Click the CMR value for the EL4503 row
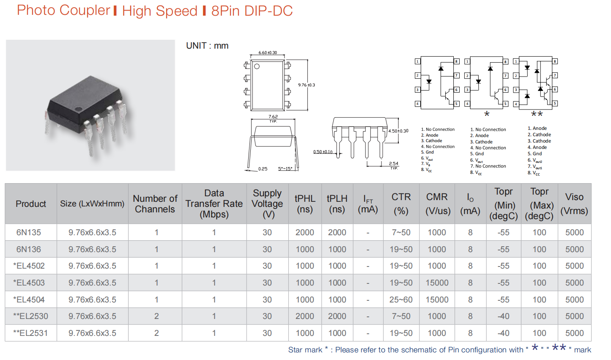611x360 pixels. (x=437, y=283)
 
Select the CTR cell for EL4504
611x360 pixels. (x=401, y=300)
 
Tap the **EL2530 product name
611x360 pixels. (x=30, y=316)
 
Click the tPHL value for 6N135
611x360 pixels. (x=305, y=233)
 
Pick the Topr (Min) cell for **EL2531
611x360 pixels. (x=503, y=333)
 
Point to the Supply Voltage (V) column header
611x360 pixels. (x=267, y=203)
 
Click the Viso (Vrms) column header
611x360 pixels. (x=574, y=203)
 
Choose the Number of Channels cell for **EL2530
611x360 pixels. (x=156, y=316)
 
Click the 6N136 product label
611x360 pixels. (x=29, y=250)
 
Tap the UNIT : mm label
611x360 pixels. (x=207, y=46)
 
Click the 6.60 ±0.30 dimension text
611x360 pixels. (x=268, y=52)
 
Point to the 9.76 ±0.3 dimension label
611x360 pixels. (x=306, y=85)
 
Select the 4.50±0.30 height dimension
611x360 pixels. (x=398, y=131)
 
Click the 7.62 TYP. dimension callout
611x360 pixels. (x=273, y=118)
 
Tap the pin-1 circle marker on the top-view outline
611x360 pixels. (x=257, y=66)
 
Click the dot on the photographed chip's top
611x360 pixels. (x=79, y=110)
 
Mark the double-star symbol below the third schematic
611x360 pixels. (x=537, y=114)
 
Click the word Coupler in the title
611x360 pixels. (x=85, y=11)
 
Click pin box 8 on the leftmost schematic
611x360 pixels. (x=456, y=61)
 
